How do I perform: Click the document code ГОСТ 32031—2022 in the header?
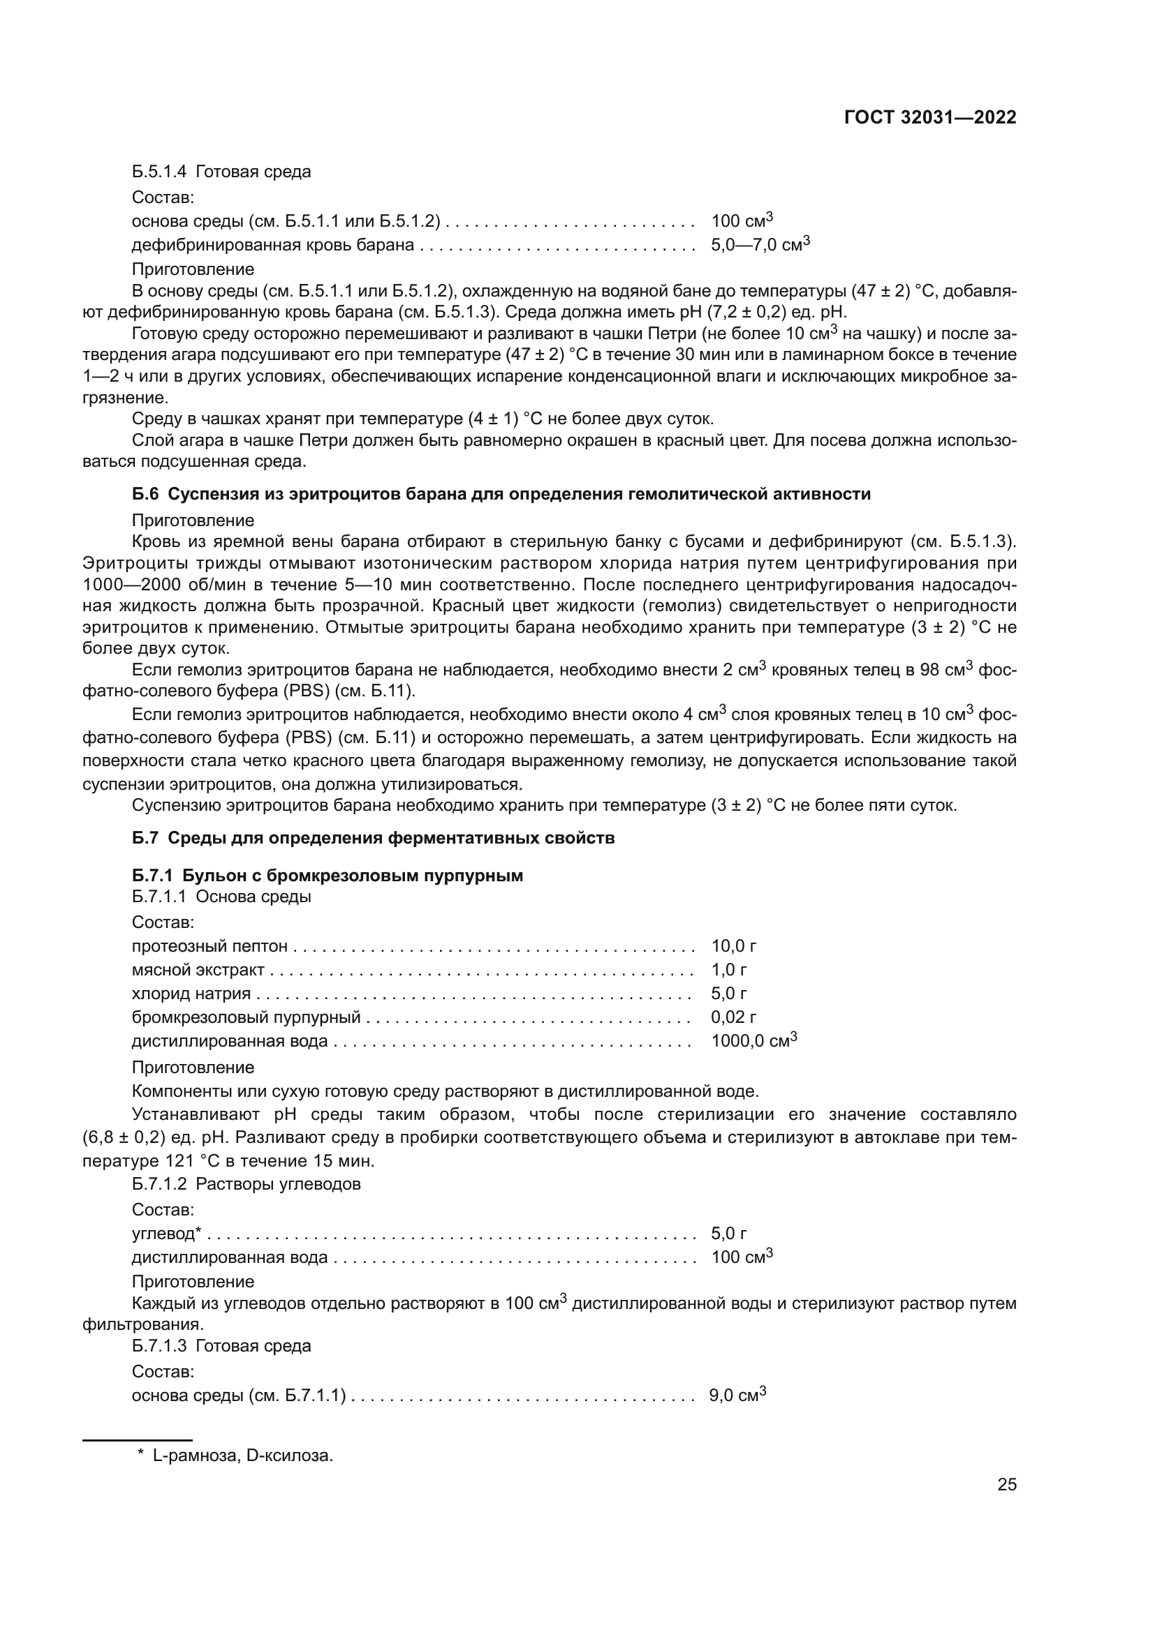pyautogui.click(x=929, y=118)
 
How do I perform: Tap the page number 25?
pyautogui.click(x=1006, y=1484)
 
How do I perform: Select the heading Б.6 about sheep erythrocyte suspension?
pyautogui.click(x=501, y=494)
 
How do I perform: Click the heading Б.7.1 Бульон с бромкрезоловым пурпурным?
pyautogui.click(x=327, y=876)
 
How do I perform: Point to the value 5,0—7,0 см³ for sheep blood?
pyautogui.click(x=760, y=245)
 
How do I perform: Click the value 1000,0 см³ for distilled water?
pyautogui.click(x=753, y=1041)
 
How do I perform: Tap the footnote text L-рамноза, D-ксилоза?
pyautogui.click(x=242, y=1455)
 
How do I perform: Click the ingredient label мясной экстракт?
pyautogui.click(x=198, y=971)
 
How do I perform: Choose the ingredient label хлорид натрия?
pyautogui.click(x=191, y=994)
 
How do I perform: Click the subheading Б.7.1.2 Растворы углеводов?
pyautogui.click(x=246, y=1184)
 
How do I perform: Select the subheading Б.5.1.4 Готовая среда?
pyautogui.click(x=221, y=172)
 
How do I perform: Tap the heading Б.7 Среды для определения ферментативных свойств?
pyautogui.click(x=373, y=838)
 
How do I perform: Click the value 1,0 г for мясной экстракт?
pyautogui.click(x=728, y=971)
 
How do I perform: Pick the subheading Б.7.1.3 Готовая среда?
pyautogui.click(x=221, y=1346)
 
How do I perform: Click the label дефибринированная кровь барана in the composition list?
pyautogui.click(x=272, y=246)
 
